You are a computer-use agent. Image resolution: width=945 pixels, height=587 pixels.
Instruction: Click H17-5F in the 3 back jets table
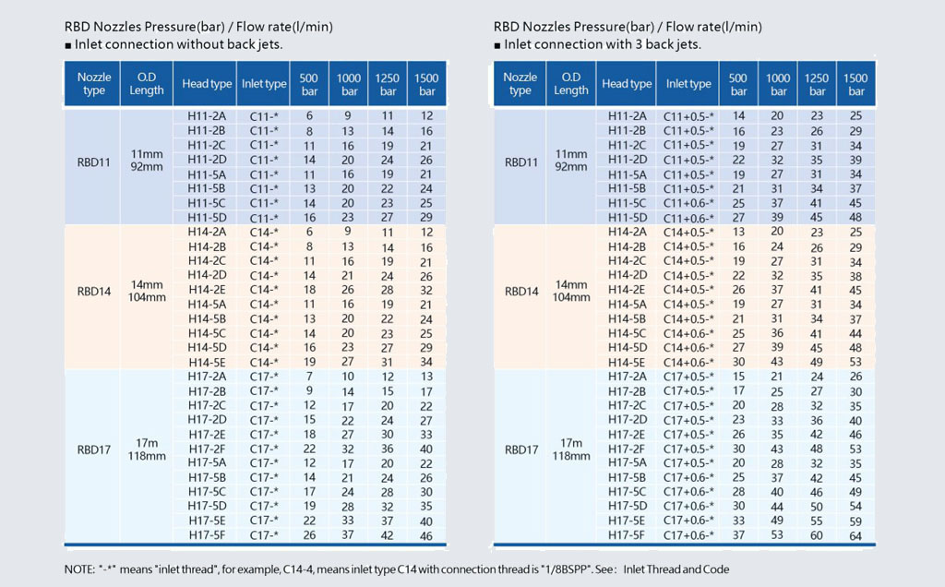point(627,535)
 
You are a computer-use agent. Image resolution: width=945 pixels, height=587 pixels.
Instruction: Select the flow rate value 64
point(855,535)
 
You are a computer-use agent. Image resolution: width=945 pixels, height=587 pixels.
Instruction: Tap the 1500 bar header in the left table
point(426,84)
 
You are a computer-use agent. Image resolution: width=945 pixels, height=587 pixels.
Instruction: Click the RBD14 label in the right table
point(521,292)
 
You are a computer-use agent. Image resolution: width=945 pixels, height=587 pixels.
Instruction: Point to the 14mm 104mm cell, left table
point(147,291)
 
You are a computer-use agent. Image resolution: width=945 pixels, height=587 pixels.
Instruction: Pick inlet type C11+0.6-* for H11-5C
point(688,203)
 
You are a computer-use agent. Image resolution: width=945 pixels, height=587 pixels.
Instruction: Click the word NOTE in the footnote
point(78,569)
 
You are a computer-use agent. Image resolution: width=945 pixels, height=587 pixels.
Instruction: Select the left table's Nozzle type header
point(94,84)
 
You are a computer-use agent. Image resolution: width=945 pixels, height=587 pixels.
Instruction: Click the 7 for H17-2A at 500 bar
point(309,377)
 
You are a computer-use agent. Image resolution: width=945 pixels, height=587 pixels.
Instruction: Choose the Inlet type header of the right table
point(688,84)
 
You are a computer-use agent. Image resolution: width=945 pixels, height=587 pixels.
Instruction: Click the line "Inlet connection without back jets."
point(178,44)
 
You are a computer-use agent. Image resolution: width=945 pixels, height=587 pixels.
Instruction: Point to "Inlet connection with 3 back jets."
point(603,44)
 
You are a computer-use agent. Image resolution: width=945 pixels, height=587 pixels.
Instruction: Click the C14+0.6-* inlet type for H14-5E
point(688,362)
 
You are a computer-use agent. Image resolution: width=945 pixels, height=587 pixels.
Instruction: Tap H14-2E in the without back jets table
point(207,290)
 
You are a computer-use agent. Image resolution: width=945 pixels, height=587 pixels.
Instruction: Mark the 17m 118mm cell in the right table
point(570,449)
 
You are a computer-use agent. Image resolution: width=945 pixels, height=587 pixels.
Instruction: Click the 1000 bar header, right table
point(777,84)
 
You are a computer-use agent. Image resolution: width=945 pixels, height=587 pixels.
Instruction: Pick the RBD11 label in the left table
point(94,162)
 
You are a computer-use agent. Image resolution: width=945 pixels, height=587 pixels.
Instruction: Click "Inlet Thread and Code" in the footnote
point(676,569)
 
